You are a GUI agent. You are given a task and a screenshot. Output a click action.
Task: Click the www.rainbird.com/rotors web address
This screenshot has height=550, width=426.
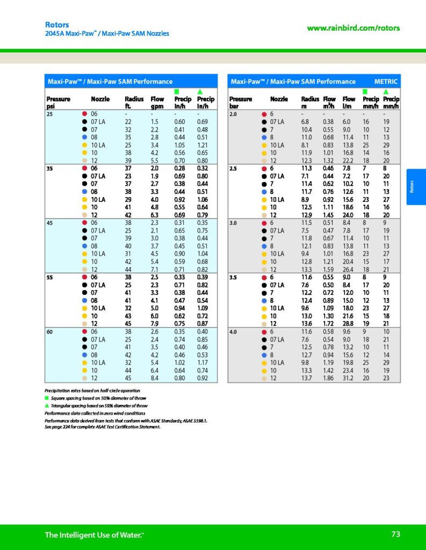coord(353,28)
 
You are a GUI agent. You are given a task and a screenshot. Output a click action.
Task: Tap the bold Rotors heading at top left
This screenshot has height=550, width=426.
coord(57,25)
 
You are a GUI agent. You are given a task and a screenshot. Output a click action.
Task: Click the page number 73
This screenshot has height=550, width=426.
coord(395,534)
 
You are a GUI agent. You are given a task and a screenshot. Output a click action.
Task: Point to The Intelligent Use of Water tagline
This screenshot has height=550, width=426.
coord(94,535)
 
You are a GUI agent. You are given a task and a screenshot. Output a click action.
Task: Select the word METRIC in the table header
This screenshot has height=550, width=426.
coord(386,82)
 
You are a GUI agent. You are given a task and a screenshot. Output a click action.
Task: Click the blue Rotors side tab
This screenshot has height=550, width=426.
coord(416,186)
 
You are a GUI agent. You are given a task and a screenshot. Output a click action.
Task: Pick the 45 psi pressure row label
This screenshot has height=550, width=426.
coord(50,223)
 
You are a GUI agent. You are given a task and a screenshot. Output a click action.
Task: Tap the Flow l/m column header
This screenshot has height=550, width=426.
coord(349,103)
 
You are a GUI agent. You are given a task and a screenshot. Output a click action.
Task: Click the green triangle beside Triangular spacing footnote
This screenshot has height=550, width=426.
coord(47,406)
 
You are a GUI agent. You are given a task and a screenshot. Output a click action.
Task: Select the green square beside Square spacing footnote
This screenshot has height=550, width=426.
coord(47,398)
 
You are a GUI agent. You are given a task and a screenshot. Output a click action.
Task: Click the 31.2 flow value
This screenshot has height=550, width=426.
coord(349,378)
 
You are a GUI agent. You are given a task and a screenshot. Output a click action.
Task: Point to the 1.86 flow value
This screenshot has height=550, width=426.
coord(329,378)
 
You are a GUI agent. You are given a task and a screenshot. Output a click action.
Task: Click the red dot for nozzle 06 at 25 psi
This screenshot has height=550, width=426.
coord(84,114)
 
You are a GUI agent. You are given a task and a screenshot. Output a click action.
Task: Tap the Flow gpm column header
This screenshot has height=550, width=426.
coord(157,103)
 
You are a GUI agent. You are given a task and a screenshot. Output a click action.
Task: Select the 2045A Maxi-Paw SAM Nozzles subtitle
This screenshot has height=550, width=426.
coord(106,34)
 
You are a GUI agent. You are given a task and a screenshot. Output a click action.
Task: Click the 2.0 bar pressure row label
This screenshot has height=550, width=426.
coord(234,114)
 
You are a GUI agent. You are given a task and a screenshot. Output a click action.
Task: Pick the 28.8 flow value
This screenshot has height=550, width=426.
coord(349,323)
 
